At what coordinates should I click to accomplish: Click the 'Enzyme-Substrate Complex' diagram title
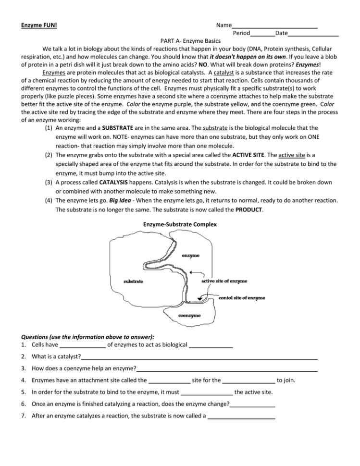180,224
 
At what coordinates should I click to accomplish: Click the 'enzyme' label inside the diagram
191,256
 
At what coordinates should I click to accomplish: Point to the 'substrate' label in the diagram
133,282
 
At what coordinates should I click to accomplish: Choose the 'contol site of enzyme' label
242,298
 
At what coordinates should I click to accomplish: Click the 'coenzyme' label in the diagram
189,316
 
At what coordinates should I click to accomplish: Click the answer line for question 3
227,370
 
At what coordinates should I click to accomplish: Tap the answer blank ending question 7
241,417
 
